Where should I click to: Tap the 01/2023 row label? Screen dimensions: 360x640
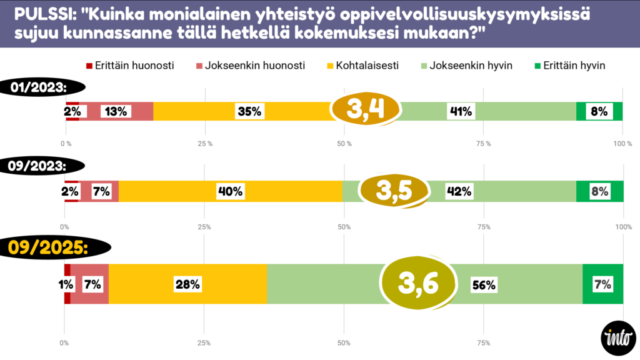pyautogui.click(x=37, y=87)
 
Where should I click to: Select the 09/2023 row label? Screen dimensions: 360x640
pyautogui.click(x=37, y=167)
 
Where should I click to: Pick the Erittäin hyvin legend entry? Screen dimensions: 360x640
pyautogui.click(x=569, y=66)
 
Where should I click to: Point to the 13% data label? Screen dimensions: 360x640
pyautogui.click(x=116, y=111)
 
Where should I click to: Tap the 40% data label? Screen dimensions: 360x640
pyautogui.click(x=229, y=192)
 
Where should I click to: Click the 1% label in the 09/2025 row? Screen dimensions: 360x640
pyautogui.click(x=66, y=284)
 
